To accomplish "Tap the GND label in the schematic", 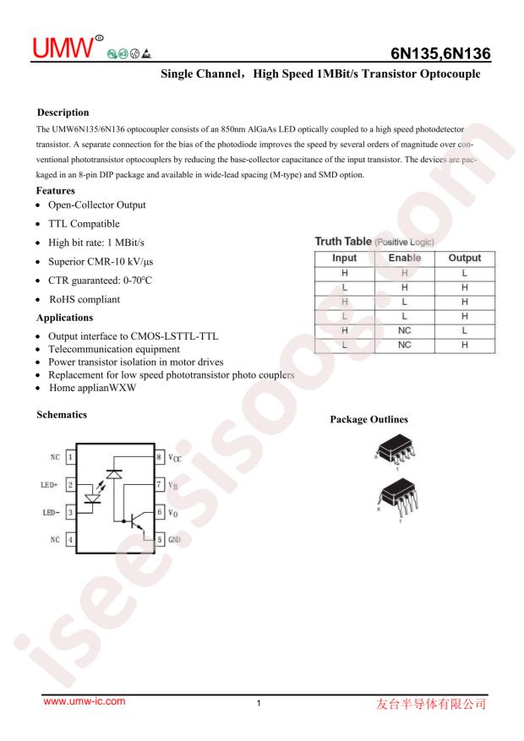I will (174, 538).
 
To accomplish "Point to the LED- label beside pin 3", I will (50, 512).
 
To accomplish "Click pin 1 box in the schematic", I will (73, 456).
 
